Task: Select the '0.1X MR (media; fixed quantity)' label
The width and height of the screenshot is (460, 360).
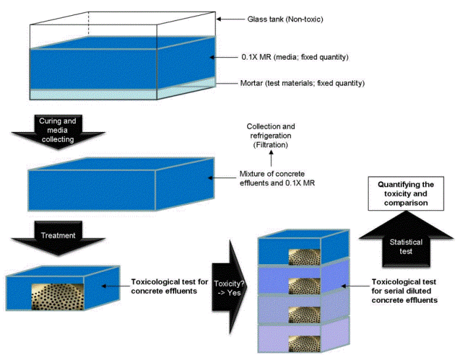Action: click(x=294, y=58)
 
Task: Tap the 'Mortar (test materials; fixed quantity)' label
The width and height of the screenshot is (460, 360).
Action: click(x=302, y=83)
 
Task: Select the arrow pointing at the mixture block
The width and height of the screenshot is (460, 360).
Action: click(x=221, y=177)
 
